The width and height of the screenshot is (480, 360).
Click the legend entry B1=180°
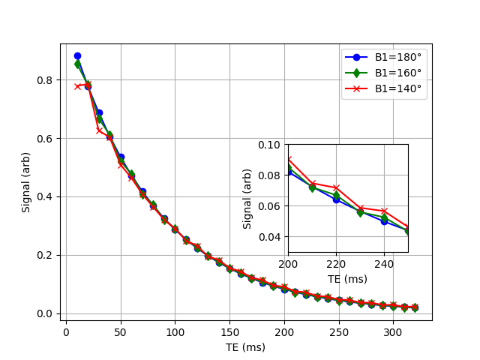pos(397,57)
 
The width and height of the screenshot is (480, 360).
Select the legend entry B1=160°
pos(397,73)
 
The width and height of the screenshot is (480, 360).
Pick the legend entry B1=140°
pos(397,88)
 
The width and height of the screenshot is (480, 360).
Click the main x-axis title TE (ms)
pos(245,347)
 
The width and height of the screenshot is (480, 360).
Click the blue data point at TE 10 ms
pos(77,56)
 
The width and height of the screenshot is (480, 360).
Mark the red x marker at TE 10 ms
pos(77,86)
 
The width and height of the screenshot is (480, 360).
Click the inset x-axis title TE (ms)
pos(348,279)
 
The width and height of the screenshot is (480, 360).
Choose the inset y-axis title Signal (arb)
pos(247,198)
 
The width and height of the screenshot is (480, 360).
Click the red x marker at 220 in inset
pos(336,188)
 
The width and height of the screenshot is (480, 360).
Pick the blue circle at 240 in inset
pos(384,221)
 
